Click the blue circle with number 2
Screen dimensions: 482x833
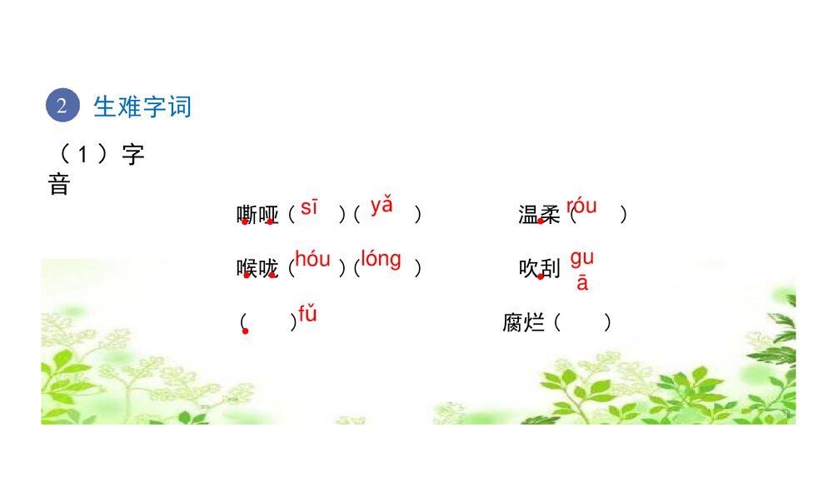click(x=62, y=106)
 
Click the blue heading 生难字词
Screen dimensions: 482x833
click(x=142, y=107)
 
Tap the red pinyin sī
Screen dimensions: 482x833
click(x=309, y=207)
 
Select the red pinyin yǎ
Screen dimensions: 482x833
click(x=382, y=205)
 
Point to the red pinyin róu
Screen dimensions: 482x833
click(x=581, y=206)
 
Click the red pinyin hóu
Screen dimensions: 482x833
click(x=312, y=260)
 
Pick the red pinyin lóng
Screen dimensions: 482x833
click(x=381, y=259)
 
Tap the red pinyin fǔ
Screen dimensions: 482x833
click(x=307, y=315)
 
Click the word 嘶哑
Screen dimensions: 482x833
click(x=257, y=216)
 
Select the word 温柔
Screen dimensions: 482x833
click(x=539, y=216)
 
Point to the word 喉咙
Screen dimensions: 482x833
click(x=257, y=269)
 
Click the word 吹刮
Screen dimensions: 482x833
click(x=539, y=269)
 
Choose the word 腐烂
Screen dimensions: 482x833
click(x=523, y=323)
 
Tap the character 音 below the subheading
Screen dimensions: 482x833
click(x=59, y=184)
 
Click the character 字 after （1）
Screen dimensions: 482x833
click(x=132, y=156)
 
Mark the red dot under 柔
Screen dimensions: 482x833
click(x=541, y=221)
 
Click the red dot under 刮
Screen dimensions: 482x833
click(x=541, y=276)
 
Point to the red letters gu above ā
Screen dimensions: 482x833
click(x=581, y=258)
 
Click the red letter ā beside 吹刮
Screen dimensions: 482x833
click(x=582, y=283)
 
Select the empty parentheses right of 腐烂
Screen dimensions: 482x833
click(x=583, y=322)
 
